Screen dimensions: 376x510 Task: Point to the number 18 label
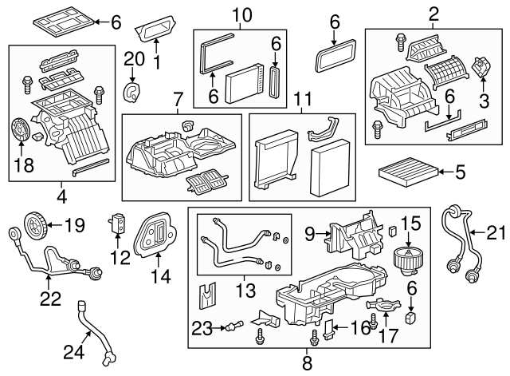pos(24,167)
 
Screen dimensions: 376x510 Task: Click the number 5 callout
pos(459,170)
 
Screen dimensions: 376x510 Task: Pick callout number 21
pos(496,232)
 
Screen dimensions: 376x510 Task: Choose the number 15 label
pos(410,224)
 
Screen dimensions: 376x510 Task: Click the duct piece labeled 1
pos(157,31)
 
